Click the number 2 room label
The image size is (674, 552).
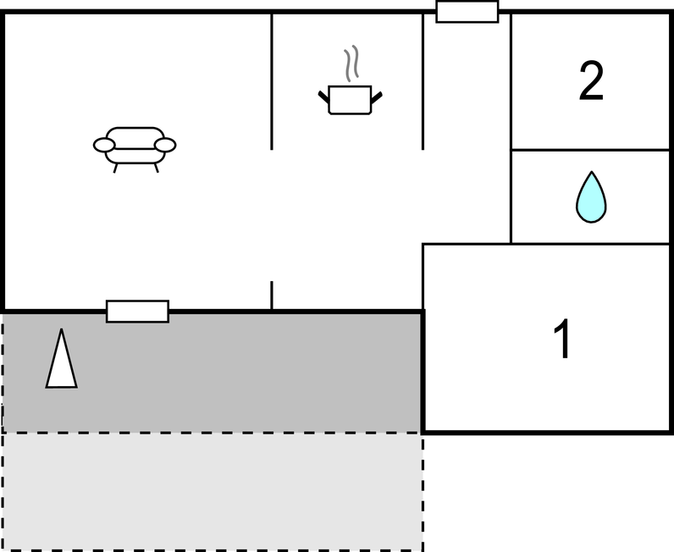pos(591,80)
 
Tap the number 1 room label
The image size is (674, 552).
pos(562,339)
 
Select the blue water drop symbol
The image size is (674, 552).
pos(591,197)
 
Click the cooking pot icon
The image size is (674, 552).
pos(350,100)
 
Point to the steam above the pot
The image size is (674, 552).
pos(351,63)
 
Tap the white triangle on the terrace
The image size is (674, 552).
pos(62,358)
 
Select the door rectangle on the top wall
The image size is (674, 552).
pos(467,12)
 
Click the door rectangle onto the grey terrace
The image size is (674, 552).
pos(137,312)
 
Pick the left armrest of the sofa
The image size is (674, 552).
pos(104,146)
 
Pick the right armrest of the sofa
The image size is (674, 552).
pos(165,146)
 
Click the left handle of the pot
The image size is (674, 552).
pos(323,97)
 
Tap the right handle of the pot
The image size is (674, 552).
pos(376,98)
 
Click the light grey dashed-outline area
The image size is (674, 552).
pos(213,491)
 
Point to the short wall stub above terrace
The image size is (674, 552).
pos(272,295)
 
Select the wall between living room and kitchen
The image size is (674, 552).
pos(272,81)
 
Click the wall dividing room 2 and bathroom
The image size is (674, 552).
pos(590,150)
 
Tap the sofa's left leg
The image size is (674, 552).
pos(115,168)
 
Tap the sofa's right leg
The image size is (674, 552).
pos(156,168)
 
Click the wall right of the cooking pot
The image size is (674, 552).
pos(423,81)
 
